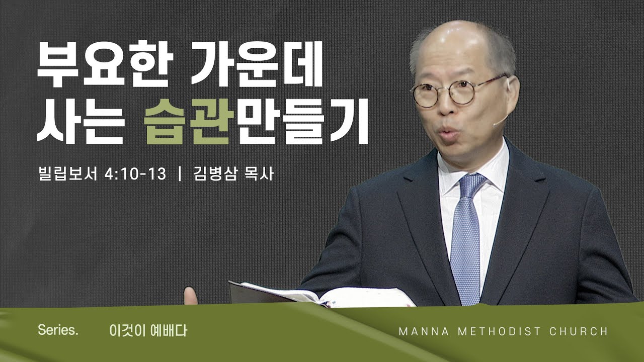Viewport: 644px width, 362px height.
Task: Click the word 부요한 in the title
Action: coord(105,64)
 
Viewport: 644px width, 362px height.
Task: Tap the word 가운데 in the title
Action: coord(257,64)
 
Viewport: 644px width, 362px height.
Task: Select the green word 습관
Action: coord(189,121)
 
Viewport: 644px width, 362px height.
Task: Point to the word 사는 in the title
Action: coord(81,121)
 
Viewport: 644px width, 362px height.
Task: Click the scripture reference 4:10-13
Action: coord(135,174)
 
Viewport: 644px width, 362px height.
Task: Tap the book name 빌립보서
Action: coord(68,174)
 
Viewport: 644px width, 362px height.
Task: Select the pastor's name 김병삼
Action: coord(215,174)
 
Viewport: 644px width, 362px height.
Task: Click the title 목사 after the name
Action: coord(259,174)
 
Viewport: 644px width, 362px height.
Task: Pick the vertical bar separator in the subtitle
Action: coord(180,174)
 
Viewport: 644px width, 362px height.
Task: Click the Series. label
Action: coord(58,330)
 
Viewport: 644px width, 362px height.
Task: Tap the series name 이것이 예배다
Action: coord(148,331)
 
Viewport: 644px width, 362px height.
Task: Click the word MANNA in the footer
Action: coord(424,331)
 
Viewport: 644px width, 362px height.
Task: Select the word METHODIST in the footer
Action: coord(500,331)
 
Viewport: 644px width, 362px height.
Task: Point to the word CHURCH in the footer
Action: coord(579,331)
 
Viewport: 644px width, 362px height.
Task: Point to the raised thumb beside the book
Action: coord(190,295)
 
